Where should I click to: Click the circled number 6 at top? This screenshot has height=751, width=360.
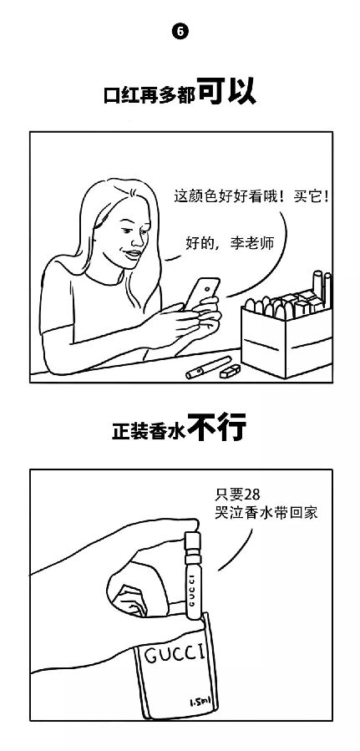pyautogui.click(x=180, y=32)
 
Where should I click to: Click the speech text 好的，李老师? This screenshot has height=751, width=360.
pyautogui.click(x=230, y=243)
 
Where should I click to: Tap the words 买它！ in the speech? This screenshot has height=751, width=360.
pyautogui.click(x=312, y=197)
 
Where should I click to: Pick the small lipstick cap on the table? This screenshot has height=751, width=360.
pyautogui.click(x=230, y=371)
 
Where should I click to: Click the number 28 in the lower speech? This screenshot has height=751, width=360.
pyautogui.click(x=251, y=495)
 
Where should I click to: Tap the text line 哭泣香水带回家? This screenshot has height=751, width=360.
pyautogui.click(x=266, y=513)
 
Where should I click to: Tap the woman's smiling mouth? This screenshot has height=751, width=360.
pyautogui.click(x=133, y=254)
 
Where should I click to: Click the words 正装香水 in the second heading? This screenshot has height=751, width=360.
pyautogui.click(x=150, y=430)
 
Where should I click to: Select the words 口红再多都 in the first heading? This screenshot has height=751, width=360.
pyautogui.click(x=150, y=95)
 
